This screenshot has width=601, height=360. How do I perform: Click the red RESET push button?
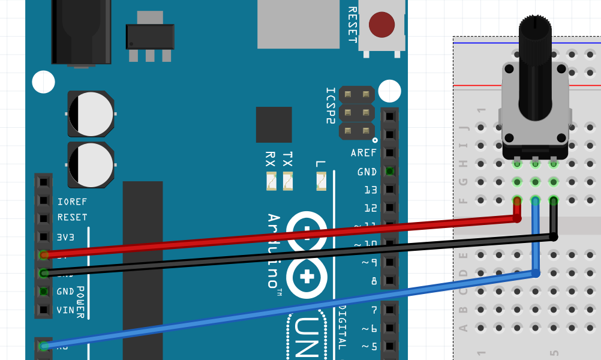click(381, 24)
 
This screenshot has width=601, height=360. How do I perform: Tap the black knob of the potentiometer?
click(534, 66)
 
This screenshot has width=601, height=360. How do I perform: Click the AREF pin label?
click(364, 153)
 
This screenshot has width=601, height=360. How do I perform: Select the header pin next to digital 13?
click(390, 190)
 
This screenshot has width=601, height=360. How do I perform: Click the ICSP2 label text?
click(330, 106)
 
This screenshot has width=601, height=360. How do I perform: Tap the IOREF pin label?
click(72, 202)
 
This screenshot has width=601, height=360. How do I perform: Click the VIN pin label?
click(65, 310)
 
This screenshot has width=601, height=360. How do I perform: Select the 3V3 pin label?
click(65, 237)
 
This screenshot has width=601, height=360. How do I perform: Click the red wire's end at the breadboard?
click(517, 218)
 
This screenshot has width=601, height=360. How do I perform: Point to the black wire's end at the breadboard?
click(554, 237)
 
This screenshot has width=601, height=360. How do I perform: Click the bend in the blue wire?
click(536, 274)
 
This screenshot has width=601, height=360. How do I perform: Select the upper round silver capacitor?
click(91, 114)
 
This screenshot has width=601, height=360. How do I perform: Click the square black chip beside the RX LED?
click(274, 125)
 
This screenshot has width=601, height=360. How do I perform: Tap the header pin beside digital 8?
click(390, 281)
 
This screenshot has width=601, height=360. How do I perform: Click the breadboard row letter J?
click(462, 127)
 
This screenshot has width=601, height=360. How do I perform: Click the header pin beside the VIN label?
click(43, 310)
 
